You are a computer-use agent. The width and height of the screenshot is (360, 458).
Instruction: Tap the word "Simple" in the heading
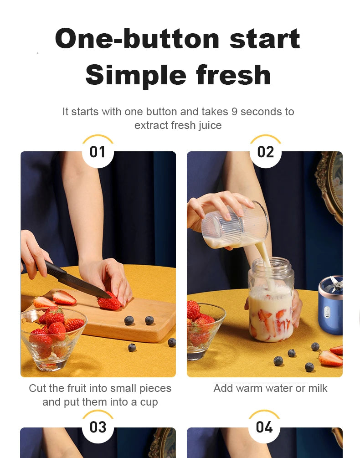[x=135, y=76]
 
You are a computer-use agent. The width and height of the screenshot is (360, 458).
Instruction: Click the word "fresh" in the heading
[x=233, y=76]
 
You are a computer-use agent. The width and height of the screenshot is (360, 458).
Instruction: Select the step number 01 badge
[x=98, y=152]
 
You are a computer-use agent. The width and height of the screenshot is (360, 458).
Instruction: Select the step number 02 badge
[x=265, y=152]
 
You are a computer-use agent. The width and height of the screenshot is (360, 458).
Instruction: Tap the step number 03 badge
[x=98, y=427]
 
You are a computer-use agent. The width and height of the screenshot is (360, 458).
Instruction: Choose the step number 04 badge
[x=264, y=427]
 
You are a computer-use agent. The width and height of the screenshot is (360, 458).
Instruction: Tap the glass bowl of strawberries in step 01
[x=52, y=337]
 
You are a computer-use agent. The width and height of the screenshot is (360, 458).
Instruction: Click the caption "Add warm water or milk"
[x=270, y=388]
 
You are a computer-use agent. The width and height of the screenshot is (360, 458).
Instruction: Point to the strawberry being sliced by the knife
[x=109, y=302]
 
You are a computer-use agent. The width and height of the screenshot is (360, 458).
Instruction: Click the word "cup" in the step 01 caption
[x=148, y=402]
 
